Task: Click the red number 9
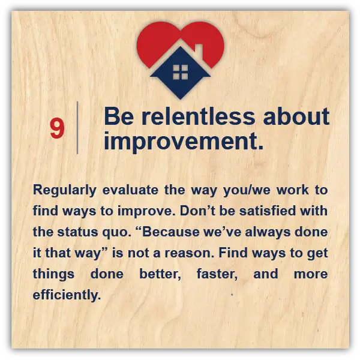click(57, 128)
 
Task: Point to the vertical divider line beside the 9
click(77, 128)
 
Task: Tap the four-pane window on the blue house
click(180, 72)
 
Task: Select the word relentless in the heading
click(198, 116)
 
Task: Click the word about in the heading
click(296, 116)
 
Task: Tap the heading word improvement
click(184, 141)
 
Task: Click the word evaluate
click(130, 190)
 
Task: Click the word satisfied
click(267, 211)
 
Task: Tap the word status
click(77, 232)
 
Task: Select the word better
click(160, 274)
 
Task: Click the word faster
click(217, 274)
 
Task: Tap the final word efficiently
click(67, 295)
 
